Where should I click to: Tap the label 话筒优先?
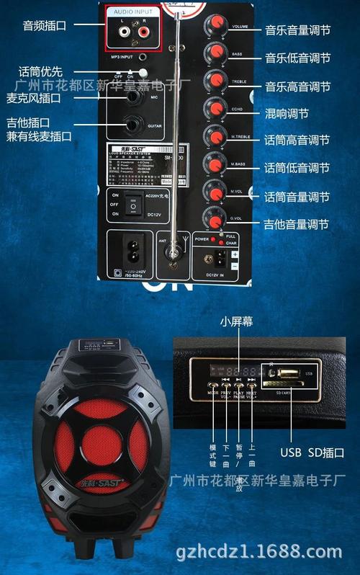41,71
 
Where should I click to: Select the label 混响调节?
287,114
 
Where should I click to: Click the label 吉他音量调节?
297,225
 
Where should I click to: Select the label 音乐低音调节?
297,58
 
